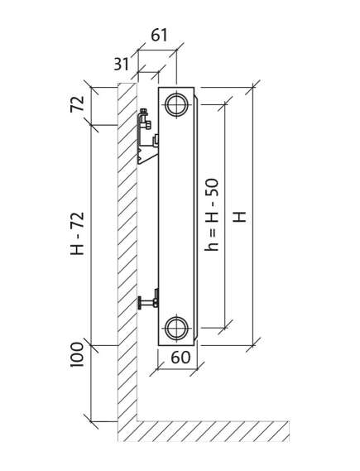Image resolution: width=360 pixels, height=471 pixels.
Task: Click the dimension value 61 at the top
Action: [159, 36]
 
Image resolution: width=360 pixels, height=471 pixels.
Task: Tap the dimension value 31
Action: [121, 64]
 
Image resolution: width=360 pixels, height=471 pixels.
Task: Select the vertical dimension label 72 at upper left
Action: [77, 104]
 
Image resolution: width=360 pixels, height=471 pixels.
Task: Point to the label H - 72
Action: [77, 233]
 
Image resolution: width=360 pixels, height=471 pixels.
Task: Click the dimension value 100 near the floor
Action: [77, 354]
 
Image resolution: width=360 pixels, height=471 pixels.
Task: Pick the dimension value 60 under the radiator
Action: [180, 357]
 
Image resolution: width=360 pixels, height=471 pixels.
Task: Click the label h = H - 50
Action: [211, 215]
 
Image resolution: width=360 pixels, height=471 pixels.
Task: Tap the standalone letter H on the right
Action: [240, 216]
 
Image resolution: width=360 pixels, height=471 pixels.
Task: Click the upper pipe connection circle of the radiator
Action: [177, 105]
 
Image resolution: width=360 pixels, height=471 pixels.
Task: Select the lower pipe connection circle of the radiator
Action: [177, 328]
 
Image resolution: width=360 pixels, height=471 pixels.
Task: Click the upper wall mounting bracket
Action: [146, 137]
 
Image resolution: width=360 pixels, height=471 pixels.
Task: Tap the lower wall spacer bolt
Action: [147, 300]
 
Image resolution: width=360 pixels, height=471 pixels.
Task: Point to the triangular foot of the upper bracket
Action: [146, 156]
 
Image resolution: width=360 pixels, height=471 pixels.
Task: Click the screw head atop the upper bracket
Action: [144, 112]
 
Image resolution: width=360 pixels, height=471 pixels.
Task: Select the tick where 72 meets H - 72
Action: [91, 125]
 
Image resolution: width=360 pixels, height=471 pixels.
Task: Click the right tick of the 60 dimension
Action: [197, 369]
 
